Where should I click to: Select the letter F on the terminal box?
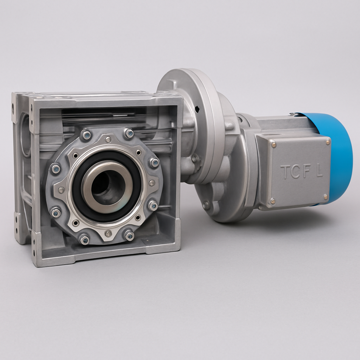click(307, 171)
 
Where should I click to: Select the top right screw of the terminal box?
click(328, 142)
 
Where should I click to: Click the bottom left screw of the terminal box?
click(272, 201)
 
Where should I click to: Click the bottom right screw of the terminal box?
click(326, 197)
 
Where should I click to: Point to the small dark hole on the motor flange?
click(197, 109)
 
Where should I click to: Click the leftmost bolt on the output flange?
click(56, 169)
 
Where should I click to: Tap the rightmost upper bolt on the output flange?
click(154, 162)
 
